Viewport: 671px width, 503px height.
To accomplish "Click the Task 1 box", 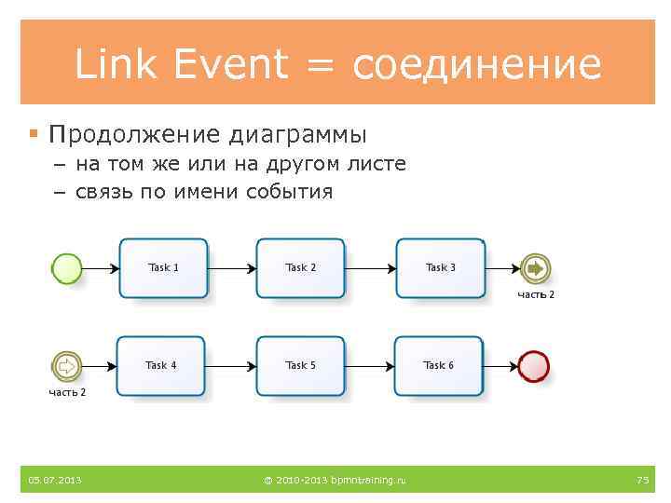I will pos(164,268).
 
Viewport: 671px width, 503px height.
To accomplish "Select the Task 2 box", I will pos(301,268).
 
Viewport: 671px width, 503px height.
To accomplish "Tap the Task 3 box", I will pos(441,268).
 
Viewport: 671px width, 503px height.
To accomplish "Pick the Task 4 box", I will pos(161,366).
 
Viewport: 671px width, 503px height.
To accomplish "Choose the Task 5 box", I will pos(301,366).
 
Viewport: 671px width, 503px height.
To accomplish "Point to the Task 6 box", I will pos(439,366).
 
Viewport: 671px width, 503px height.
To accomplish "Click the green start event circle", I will pos(67,269).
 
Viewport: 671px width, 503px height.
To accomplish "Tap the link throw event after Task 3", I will pos(536,269).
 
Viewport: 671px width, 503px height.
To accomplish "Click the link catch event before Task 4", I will pos(67,366).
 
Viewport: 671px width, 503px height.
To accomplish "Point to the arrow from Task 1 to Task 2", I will pos(232,269).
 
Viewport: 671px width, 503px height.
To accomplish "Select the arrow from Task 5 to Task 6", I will pos(370,366).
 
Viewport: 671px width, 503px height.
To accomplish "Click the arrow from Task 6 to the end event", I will pos(501,366).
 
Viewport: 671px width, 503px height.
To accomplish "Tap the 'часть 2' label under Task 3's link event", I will pos(536,294).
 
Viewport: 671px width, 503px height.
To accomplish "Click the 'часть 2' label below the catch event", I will pos(67,392).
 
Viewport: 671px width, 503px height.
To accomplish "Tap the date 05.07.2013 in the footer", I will pos(54,480).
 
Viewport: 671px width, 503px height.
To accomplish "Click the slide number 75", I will pos(642,480).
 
